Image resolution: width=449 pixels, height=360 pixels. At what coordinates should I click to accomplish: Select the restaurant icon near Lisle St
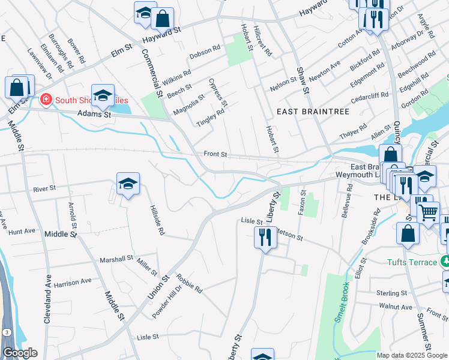tap(265, 238)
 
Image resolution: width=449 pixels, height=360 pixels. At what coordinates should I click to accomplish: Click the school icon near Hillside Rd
tap(128, 184)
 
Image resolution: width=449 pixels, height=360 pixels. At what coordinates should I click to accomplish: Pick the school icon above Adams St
tap(103, 95)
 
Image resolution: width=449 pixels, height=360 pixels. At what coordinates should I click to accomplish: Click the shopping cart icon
tap(428, 213)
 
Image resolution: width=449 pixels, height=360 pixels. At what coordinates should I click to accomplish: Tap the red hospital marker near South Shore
tap(44, 99)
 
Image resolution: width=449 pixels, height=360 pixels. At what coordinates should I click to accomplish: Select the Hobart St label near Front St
tap(273, 139)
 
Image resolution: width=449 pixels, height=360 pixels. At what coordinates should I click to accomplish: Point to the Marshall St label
tap(116, 259)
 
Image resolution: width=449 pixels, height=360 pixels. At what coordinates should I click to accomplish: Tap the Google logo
tap(20, 353)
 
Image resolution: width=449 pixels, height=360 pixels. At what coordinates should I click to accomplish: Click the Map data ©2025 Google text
tap(411, 355)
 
